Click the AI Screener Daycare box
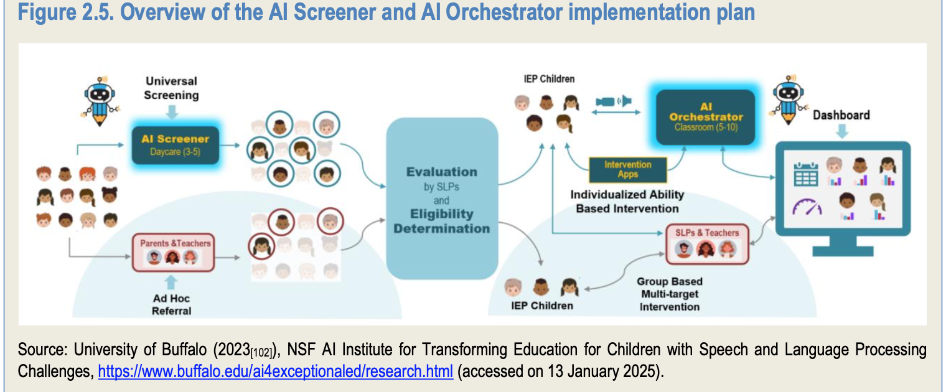click(175, 145)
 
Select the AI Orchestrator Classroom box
click(706, 118)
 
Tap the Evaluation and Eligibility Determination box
click(442, 199)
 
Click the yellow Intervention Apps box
click(627, 169)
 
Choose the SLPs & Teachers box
click(707, 243)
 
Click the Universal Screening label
click(171, 88)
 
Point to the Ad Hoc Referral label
click(172, 304)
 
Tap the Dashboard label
click(841, 114)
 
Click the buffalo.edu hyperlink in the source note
click(275, 372)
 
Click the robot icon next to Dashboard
click(787, 100)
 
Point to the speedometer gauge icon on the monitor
click(807, 207)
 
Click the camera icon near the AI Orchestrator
click(613, 101)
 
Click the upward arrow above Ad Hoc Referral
click(172, 281)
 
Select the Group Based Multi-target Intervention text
click(669, 294)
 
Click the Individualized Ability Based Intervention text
click(627, 202)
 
